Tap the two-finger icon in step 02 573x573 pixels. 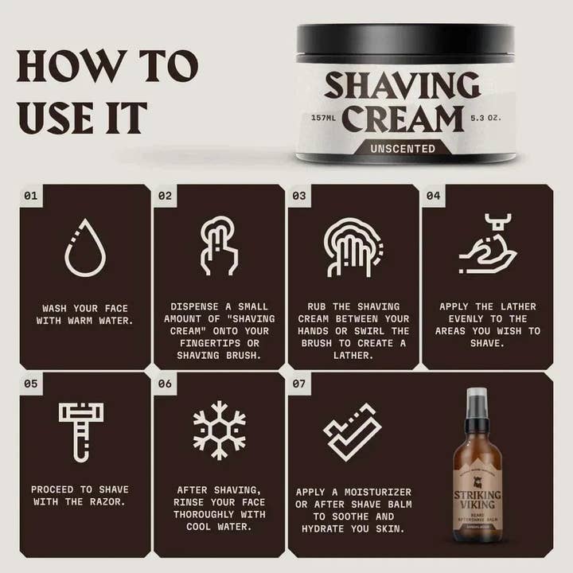pos(219,245)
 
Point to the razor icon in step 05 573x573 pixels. pos(81,431)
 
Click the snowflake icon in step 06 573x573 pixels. pos(219,431)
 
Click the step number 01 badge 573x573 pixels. pos(31,194)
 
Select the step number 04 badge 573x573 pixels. pos(433,194)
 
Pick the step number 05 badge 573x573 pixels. pos(31,383)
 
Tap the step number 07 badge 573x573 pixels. pos(298,383)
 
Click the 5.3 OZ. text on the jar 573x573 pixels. pos(486,119)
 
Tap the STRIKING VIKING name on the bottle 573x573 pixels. pos(477,500)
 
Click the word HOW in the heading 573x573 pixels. pos(58,68)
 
